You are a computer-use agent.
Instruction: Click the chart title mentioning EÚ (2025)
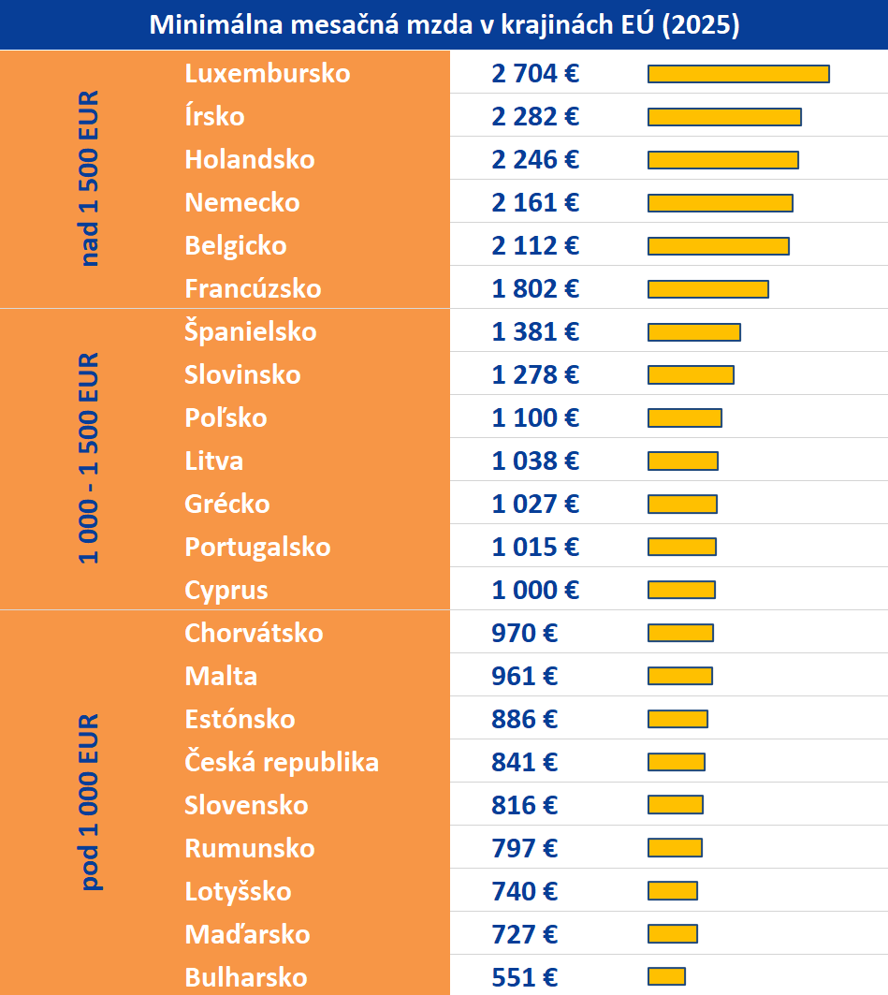click(444, 25)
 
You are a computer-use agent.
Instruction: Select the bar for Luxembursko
click(738, 74)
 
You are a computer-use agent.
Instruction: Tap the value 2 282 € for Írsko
click(535, 117)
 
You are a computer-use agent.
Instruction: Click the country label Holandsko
click(250, 159)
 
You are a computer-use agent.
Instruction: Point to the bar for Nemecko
click(721, 203)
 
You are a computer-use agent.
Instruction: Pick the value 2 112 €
click(535, 246)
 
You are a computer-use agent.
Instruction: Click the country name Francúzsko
click(253, 288)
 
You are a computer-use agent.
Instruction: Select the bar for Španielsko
click(694, 332)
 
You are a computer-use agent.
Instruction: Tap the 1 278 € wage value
click(535, 375)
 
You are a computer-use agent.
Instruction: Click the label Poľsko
click(226, 417)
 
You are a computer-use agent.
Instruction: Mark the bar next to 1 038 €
click(683, 461)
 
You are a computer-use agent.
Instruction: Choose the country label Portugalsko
click(257, 547)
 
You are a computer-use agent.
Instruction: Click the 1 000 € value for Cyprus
click(535, 590)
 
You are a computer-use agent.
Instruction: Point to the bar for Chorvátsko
click(680, 633)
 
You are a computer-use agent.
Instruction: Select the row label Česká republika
click(282, 762)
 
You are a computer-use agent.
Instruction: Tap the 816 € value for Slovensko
click(524, 805)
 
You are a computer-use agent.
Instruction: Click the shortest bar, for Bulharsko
click(666, 977)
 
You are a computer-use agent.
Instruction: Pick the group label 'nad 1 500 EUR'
click(90, 179)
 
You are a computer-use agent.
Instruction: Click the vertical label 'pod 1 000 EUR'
click(90, 801)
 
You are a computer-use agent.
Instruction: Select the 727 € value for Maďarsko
click(524, 934)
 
